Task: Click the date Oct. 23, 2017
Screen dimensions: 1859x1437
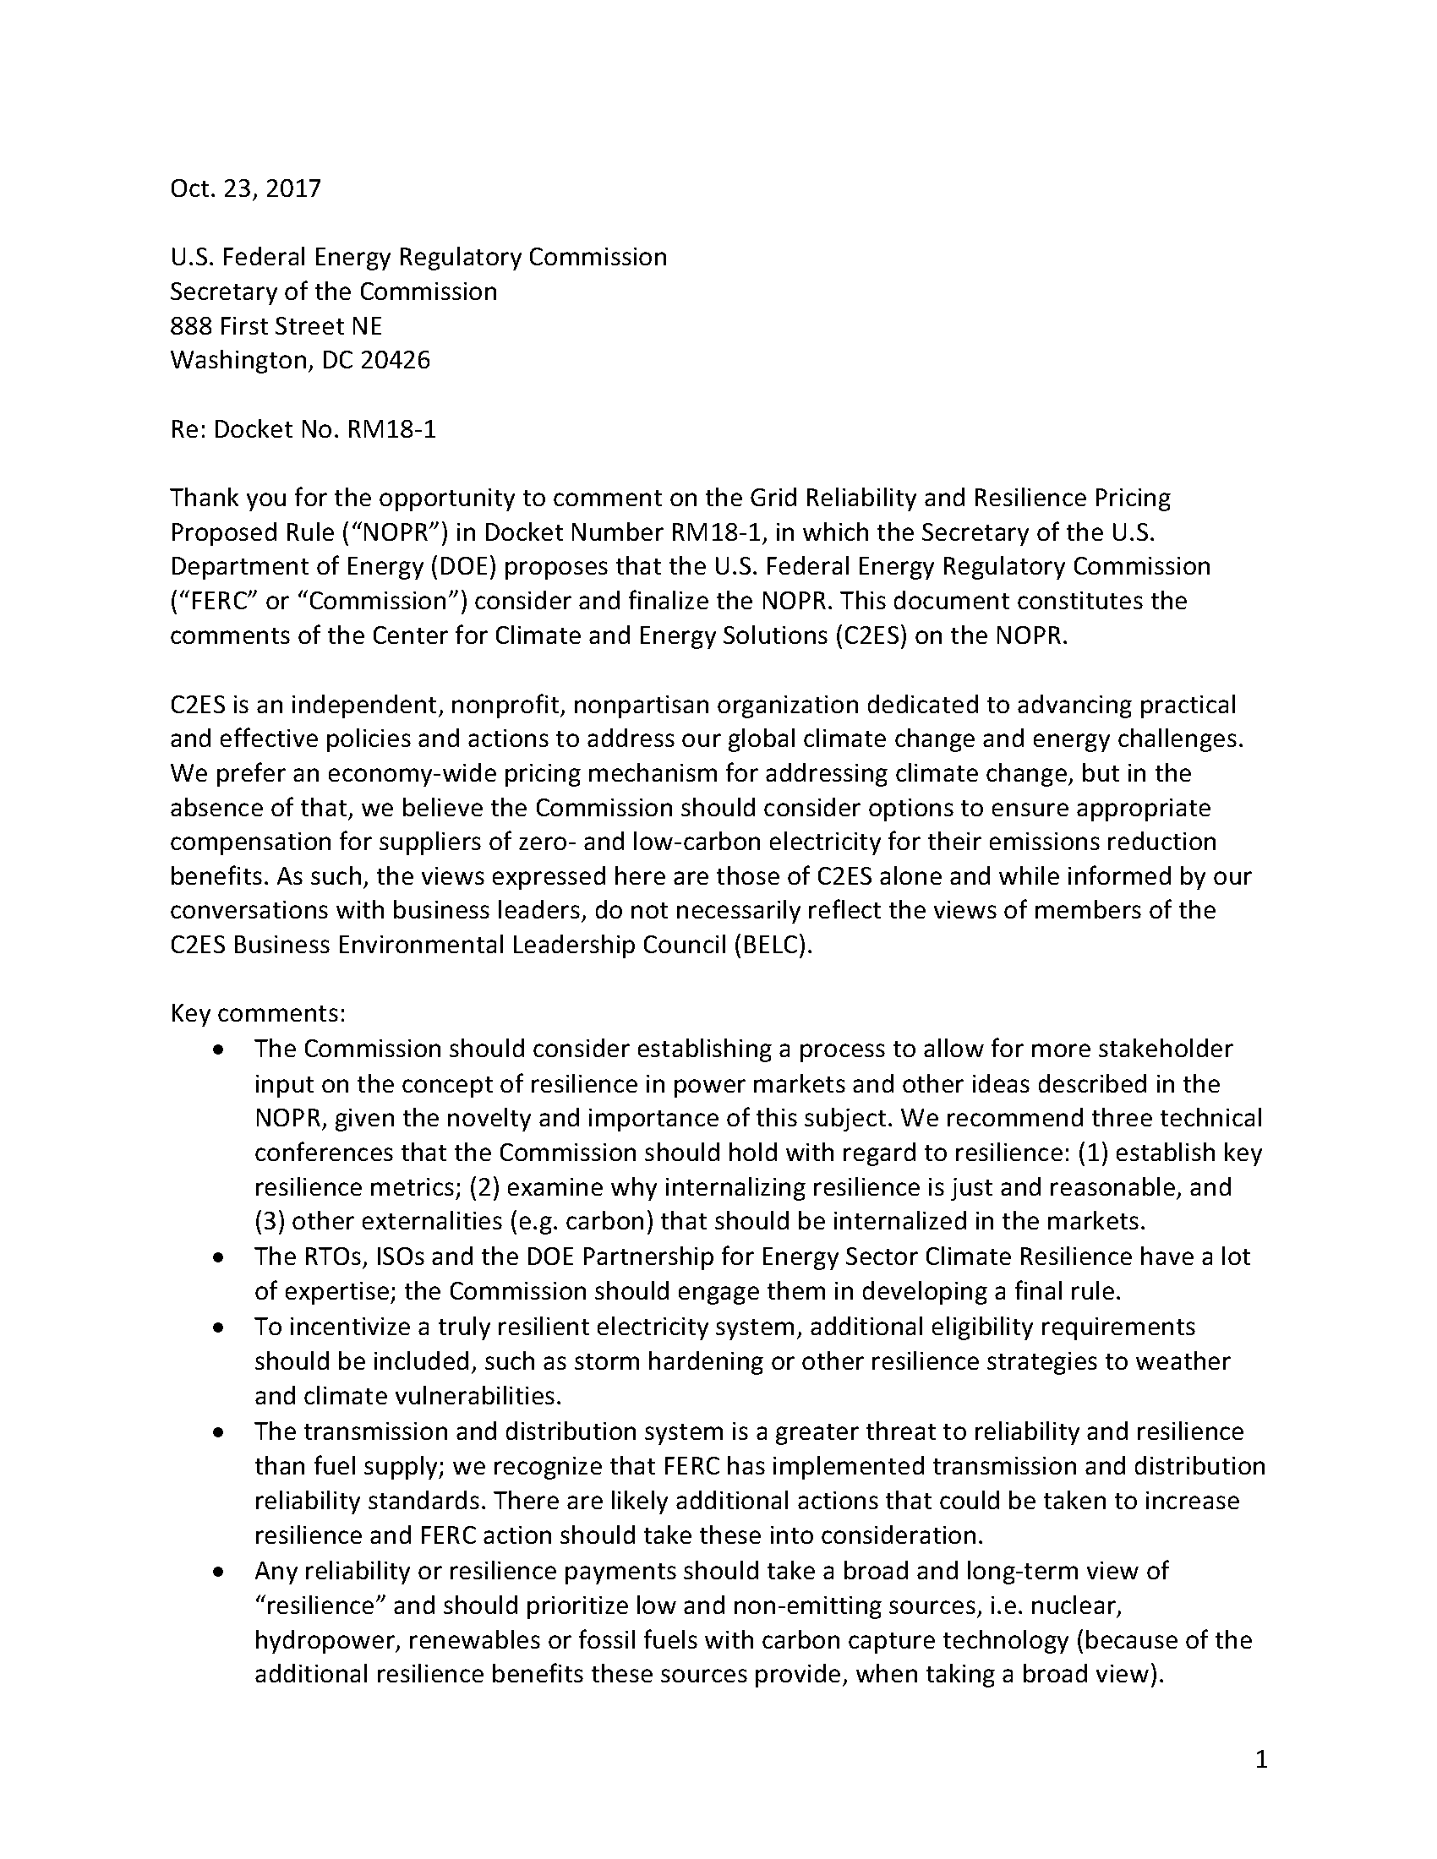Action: (245, 188)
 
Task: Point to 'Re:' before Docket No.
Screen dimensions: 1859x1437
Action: (188, 430)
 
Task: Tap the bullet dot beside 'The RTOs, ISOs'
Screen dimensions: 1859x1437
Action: (220, 1257)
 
